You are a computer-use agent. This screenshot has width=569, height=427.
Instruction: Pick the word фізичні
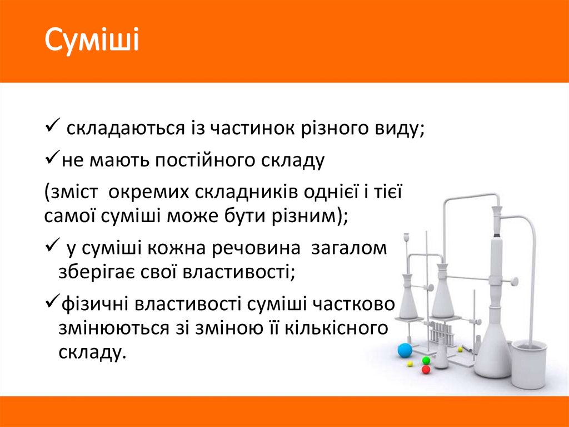[96, 303]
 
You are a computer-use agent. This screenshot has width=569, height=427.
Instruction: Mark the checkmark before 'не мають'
[52, 160]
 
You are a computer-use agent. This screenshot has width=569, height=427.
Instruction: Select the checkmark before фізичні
[52, 302]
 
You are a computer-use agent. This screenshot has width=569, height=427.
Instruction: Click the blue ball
[405, 350]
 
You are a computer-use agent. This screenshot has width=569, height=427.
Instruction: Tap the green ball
[426, 360]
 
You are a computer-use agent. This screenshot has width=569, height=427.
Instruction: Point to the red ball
[426, 369]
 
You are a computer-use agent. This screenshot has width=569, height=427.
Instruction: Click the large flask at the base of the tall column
[493, 351]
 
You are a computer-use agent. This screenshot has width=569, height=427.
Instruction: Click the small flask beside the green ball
[441, 356]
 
